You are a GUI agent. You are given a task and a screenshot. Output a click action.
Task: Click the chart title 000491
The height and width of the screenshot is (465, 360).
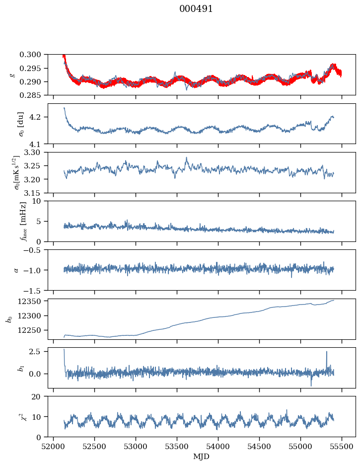(x=196, y=9)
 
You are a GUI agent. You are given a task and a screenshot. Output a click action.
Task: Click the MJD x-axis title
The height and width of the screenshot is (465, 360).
(x=202, y=457)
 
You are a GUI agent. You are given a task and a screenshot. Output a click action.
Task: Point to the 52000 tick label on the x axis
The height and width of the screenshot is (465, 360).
(x=54, y=446)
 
